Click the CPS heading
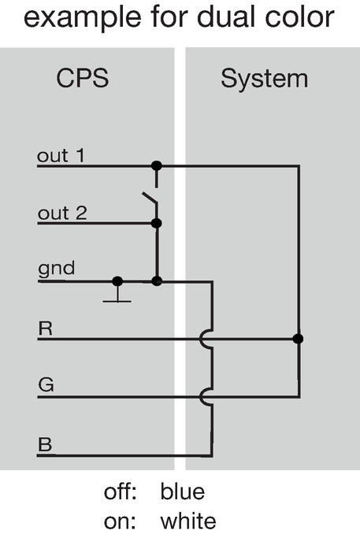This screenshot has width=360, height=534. coord(83,78)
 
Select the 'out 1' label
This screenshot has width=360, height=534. coord(61,156)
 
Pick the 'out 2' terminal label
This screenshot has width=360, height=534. coord(62,213)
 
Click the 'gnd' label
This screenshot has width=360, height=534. coord(56,269)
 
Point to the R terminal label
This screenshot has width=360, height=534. coord(46,328)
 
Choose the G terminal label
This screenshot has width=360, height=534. coord(46,385)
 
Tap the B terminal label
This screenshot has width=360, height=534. coord(46,444)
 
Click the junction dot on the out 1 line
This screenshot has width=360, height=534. coord(156,166)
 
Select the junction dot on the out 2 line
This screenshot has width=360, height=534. coord(156,224)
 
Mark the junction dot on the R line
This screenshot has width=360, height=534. coord(298,339)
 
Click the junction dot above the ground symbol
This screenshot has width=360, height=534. coord(117,281)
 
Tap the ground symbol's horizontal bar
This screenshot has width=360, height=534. coord(117,302)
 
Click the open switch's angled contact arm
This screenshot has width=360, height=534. coord(150,198)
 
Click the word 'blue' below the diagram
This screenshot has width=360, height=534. coord(183,491)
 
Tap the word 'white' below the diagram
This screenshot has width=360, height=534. coord(188,521)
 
